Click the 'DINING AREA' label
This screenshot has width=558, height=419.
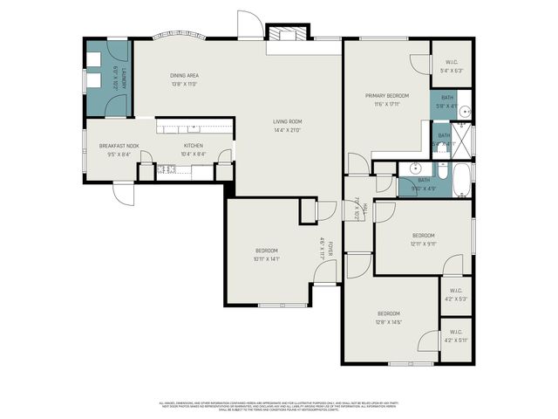click(184, 76)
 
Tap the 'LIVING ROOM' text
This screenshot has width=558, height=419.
click(287, 121)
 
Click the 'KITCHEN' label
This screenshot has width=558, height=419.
click(193, 146)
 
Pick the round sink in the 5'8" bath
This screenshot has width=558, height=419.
click(465, 111)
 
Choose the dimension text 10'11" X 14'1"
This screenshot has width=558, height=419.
click(267, 258)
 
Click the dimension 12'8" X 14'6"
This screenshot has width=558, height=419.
click(388, 322)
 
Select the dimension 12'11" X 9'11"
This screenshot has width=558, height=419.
click(423, 244)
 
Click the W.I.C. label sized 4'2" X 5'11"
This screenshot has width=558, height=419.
click(456, 340)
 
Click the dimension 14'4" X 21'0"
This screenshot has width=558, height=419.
click(287, 130)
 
